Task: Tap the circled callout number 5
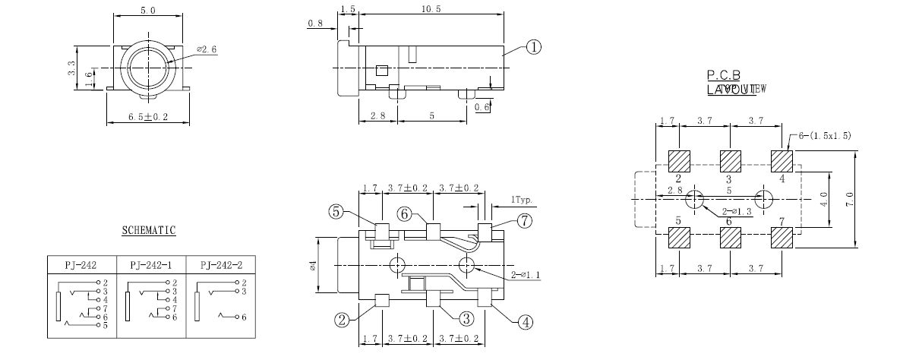tap(337, 212)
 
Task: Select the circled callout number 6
tap(406, 215)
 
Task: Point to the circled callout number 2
tap(343, 320)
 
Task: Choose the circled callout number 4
tap(524, 321)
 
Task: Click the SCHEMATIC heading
tap(149, 230)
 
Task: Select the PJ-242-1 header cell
tap(150, 265)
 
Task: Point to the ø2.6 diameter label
tap(206, 49)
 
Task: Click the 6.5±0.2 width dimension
tap(147, 116)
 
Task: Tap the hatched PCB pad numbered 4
tap(781, 161)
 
